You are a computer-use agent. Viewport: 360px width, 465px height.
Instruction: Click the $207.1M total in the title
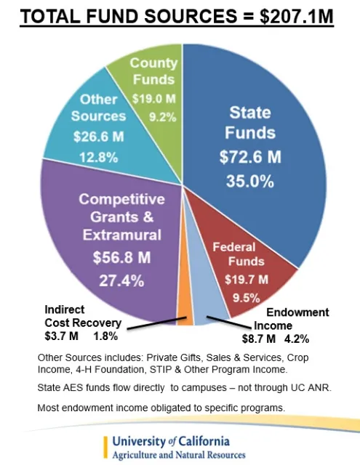293,16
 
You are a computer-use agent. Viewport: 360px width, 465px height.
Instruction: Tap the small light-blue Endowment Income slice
201,314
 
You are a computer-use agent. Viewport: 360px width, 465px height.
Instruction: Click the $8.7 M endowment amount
258,338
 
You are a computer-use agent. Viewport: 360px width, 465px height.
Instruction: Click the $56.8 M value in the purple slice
121,256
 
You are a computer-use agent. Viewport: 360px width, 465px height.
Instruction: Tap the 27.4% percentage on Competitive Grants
121,280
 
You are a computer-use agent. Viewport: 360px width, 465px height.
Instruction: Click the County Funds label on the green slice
153,72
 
